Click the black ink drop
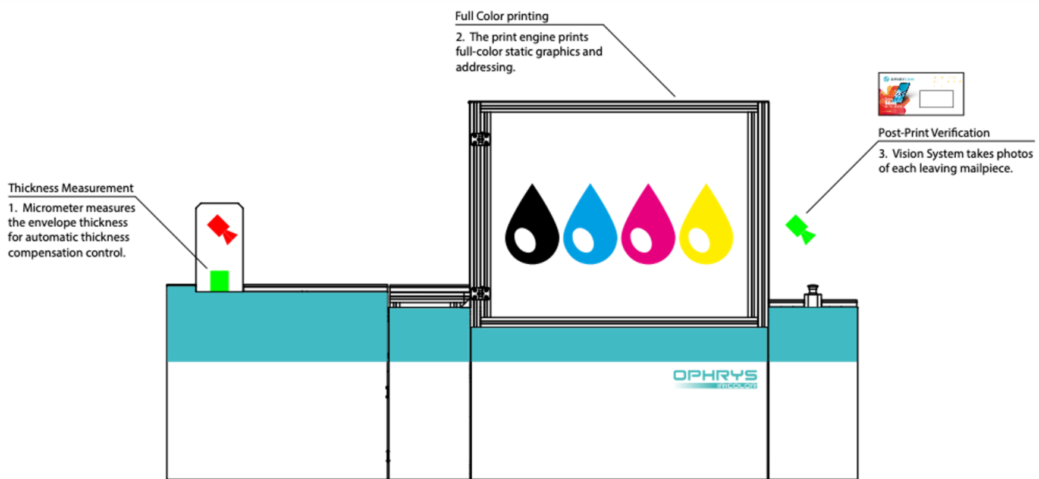point(532,229)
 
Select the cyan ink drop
point(589,229)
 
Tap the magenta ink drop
point(648,229)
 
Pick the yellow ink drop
point(706,229)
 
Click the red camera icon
point(221,229)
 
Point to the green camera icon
point(799,229)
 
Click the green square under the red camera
point(219,280)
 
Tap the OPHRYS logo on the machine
point(715,376)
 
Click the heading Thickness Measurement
point(71,188)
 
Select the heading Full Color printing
point(501,16)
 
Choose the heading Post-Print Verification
point(933,133)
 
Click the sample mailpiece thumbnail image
point(921,94)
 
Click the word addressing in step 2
point(485,67)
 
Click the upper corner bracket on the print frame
point(480,139)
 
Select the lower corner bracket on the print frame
point(480,293)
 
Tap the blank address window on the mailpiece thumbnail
point(936,98)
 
